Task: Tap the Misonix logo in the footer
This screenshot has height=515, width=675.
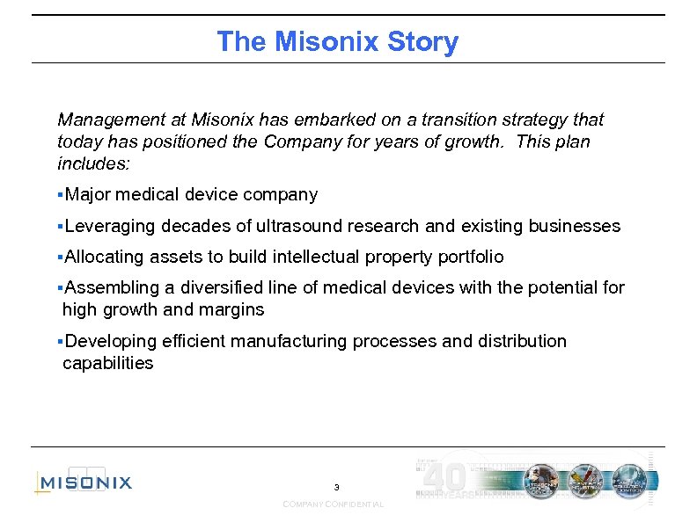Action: coord(84,482)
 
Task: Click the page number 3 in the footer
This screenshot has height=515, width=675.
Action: coord(336,487)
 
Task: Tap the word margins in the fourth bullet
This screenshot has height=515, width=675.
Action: coord(233,310)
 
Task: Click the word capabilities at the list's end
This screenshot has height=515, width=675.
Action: coord(108,364)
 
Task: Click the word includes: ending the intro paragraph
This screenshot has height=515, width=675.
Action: coord(93,164)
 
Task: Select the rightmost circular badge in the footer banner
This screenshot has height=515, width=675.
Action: coord(629,481)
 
